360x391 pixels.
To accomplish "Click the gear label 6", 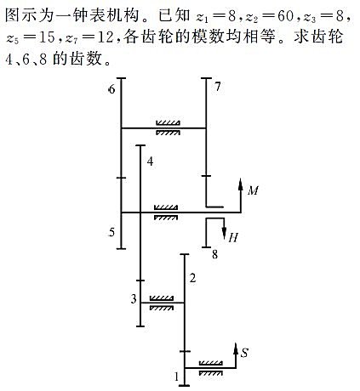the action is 112,89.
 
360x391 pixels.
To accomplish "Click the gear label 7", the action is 217,87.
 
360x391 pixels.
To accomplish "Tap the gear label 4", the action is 150,161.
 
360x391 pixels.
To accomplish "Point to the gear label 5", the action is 111,232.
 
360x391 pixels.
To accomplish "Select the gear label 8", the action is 215,254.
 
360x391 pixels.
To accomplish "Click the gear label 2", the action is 192,278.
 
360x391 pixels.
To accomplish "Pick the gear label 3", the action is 134,298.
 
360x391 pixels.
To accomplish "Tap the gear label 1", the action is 177,377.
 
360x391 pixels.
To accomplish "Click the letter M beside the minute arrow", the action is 253,190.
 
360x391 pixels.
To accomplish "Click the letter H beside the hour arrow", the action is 233,237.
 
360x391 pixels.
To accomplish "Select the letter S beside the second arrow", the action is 244,353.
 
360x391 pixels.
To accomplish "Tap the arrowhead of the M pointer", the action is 241,184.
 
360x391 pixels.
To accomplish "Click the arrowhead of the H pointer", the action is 224,234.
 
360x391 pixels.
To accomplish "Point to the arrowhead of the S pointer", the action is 236,348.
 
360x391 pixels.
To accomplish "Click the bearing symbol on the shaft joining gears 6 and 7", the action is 168,127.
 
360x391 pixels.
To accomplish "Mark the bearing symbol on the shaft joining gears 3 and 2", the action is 161,303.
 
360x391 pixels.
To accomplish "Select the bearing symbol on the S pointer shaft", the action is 211,368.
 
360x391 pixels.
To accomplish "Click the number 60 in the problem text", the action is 285,16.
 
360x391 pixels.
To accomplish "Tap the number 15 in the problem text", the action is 47,37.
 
